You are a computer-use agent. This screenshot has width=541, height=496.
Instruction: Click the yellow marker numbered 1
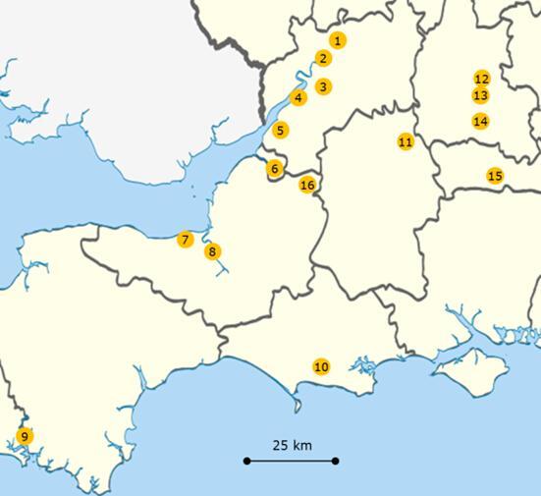[x=338, y=40]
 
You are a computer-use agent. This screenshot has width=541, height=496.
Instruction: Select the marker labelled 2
[x=324, y=58]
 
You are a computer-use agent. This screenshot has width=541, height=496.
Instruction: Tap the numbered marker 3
[x=324, y=86]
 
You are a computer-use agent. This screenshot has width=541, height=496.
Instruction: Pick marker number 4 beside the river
[x=298, y=97]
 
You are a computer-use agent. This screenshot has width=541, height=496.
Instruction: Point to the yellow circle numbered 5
[x=281, y=130]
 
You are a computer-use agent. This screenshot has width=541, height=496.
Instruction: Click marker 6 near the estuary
[x=275, y=168]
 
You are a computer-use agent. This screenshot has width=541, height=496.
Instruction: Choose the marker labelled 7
[x=185, y=240]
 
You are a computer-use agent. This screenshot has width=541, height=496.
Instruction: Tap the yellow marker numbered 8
[x=213, y=251]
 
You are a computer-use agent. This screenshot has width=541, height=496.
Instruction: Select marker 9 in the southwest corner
[x=25, y=436]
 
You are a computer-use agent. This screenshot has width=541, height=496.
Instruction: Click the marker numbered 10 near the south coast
[x=321, y=366]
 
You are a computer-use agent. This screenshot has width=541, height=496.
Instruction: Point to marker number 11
[x=406, y=141]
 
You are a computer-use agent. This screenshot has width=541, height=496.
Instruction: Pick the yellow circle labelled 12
[x=481, y=79]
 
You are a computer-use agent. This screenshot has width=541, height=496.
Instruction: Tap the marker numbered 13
[x=480, y=95]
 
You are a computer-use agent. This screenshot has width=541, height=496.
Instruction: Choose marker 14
[x=480, y=121]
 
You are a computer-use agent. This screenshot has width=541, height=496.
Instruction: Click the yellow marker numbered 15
[x=495, y=176]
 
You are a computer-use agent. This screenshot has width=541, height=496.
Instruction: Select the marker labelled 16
[x=307, y=185]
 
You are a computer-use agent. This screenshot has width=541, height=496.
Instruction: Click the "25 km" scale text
[x=292, y=445]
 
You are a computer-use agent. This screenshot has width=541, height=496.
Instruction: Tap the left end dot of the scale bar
[x=247, y=460]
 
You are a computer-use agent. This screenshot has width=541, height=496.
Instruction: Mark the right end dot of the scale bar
[x=335, y=460]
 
